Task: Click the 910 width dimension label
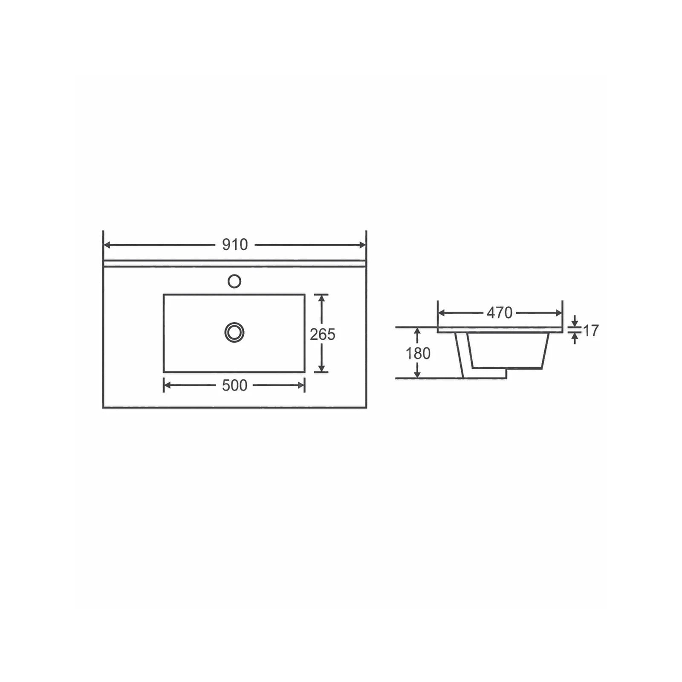click(x=235, y=245)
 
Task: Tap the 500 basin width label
click(x=235, y=385)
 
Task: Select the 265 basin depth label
click(x=323, y=335)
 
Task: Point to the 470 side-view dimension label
click(x=500, y=313)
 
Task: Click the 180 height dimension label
click(x=418, y=353)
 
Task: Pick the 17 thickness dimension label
click(x=591, y=330)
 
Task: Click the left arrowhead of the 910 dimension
click(x=108, y=245)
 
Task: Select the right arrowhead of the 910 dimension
click(x=362, y=245)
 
